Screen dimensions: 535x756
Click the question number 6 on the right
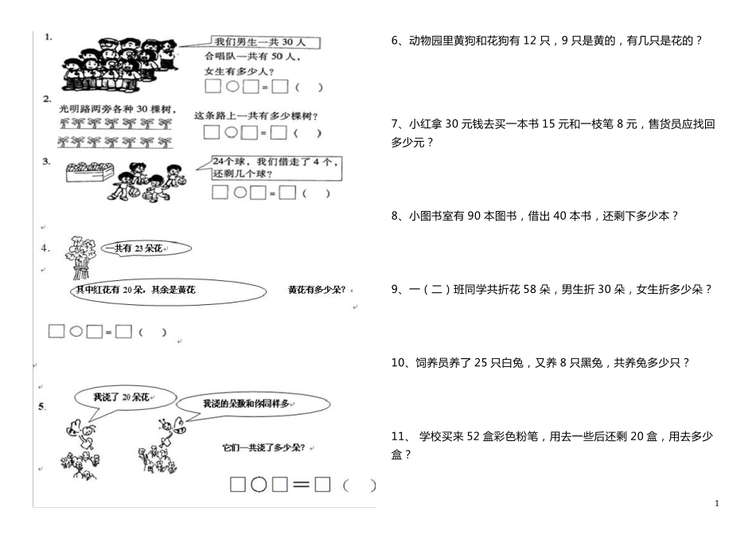(396, 40)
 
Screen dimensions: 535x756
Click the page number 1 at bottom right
(717, 502)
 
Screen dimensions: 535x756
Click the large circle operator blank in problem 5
(259, 483)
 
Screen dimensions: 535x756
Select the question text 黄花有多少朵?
(317, 290)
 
